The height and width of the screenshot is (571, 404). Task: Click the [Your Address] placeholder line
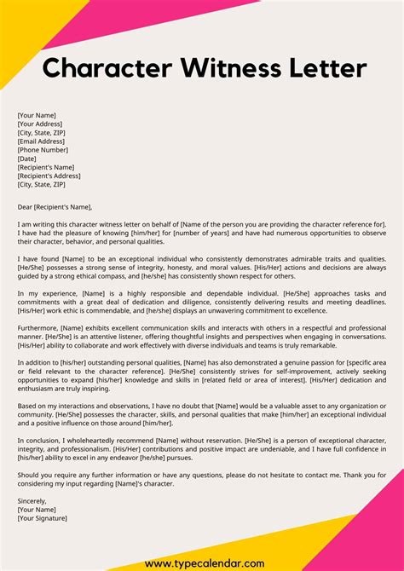pyautogui.click(x=38, y=123)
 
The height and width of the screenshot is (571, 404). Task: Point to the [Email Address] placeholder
pyautogui.click(x=40, y=141)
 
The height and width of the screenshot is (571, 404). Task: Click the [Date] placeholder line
pyautogui.click(x=26, y=159)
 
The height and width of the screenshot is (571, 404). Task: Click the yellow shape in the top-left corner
pyautogui.click(x=21, y=34)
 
